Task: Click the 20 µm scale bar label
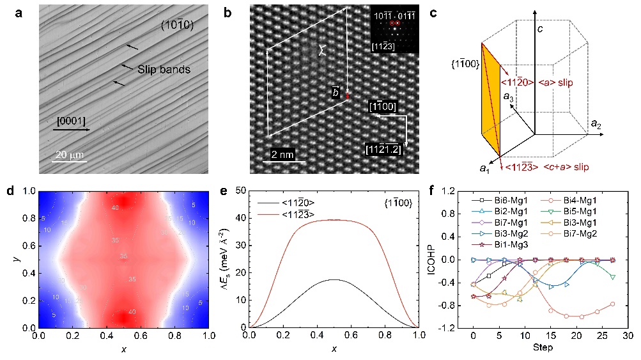[x=70, y=155]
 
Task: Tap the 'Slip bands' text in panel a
[x=164, y=69]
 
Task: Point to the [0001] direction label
[x=70, y=120]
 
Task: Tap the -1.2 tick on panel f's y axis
[x=446, y=328]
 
